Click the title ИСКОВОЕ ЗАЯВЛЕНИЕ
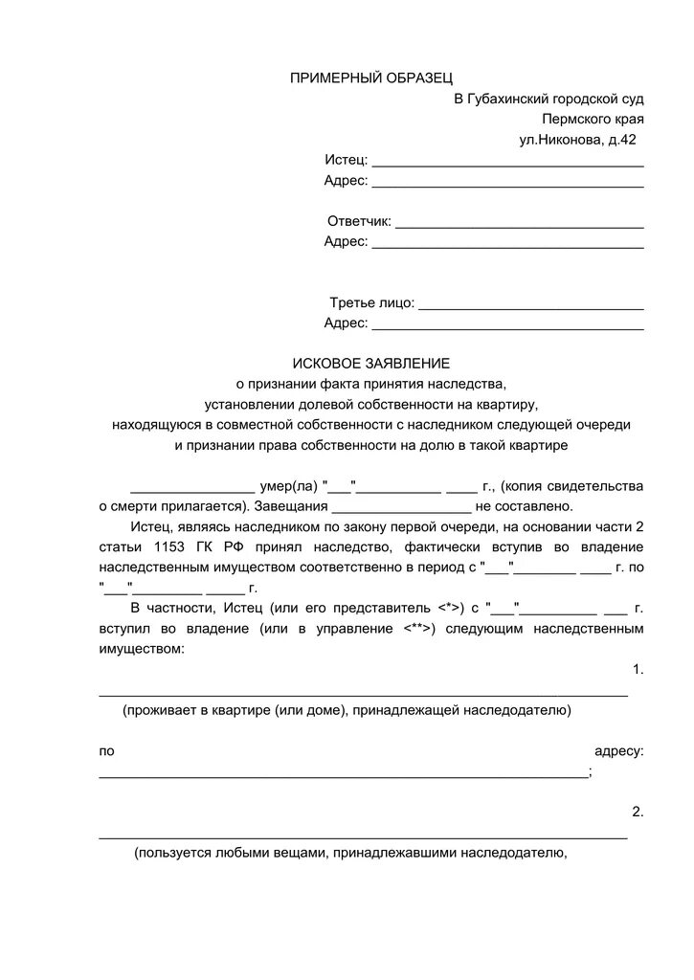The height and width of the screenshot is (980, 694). point(370,364)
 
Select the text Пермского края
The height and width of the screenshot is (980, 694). point(592,120)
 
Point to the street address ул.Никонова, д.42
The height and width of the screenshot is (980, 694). point(576,140)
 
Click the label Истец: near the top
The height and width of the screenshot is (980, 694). point(346,160)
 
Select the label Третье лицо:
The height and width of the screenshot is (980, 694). point(372,302)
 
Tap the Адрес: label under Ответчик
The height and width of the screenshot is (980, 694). point(346,241)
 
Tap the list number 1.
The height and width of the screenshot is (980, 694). point(638,670)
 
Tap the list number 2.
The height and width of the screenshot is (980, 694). point(638,812)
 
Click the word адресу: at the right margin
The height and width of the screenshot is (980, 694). point(618,751)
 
